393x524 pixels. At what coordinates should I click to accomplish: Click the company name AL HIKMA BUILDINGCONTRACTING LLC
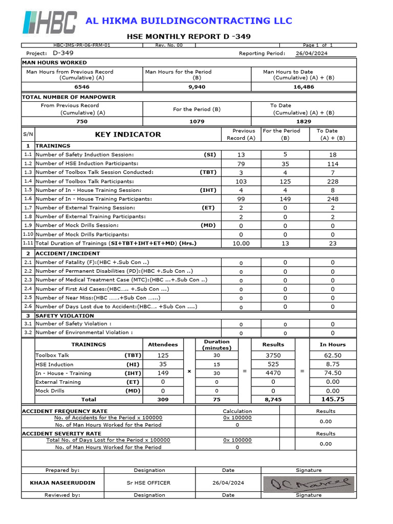[x=189, y=21]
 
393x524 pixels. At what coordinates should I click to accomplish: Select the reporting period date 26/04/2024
[x=312, y=54]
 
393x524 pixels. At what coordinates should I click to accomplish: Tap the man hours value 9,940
[x=197, y=87]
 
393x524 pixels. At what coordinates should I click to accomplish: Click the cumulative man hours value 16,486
[x=304, y=87]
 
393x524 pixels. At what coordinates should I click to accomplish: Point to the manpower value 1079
[x=197, y=122]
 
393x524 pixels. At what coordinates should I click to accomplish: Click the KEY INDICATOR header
[x=128, y=135]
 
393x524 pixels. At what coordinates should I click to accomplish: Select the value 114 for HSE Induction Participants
[x=333, y=164]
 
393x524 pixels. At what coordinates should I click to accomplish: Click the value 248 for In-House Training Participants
[x=333, y=199]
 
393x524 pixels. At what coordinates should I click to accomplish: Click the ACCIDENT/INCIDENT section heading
[x=68, y=253]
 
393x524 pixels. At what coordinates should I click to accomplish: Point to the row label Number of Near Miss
[x=98, y=298]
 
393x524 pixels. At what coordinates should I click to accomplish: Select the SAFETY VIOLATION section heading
[x=64, y=316]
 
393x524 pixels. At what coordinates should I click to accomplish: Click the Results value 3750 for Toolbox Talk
[x=273, y=355]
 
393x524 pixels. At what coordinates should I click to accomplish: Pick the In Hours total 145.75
[x=333, y=399]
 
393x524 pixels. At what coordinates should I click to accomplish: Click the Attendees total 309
[x=163, y=399]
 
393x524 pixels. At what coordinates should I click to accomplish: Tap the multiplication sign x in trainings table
[x=189, y=371]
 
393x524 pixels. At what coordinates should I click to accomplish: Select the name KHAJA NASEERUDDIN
[x=62, y=483]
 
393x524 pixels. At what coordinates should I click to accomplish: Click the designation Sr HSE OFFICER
[x=149, y=483]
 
